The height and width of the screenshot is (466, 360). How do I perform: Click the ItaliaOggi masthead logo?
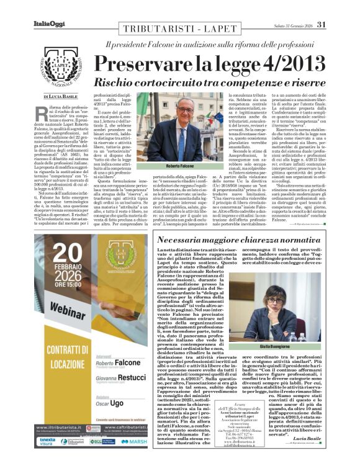[x=45, y=7]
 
